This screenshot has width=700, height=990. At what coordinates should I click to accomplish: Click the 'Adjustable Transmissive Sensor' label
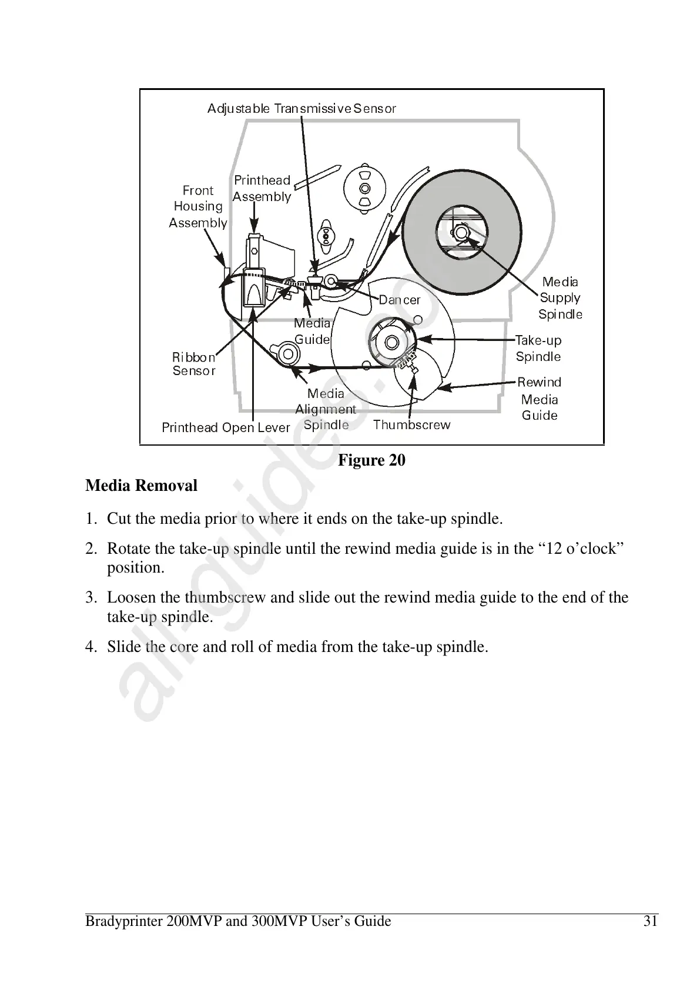pyautogui.click(x=302, y=109)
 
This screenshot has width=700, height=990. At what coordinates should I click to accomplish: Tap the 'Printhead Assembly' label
pyautogui.click(x=262, y=188)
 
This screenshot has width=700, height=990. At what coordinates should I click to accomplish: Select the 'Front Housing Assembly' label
pyautogui.click(x=198, y=206)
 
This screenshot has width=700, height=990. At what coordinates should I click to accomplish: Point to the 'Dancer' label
pyautogui.click(x=400, y=300)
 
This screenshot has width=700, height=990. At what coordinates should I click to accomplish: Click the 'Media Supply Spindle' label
pyautogui.click(x=560, y=298)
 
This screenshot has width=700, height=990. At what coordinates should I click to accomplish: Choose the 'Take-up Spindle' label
pyautogui.click(x=538, y=348)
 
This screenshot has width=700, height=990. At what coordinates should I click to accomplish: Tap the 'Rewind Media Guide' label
pyautogui.click(x=540, y=399)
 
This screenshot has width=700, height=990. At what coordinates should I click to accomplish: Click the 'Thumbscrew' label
pyautogui.click(x=411, y=424)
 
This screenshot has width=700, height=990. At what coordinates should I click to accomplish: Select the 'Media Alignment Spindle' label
pyautogui.click(x=326, y=409)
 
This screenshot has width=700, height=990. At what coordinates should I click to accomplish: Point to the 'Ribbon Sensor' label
pyautogui.click(x=194, y=364)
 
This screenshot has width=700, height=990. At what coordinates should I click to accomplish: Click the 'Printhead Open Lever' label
pyautogui.click(x=226, y=427)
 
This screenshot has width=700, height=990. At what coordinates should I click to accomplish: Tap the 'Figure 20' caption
pyautogui.click(x=371, y=460)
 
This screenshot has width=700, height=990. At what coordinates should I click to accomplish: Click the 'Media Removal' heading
pyautogui.click(x=141, y=486)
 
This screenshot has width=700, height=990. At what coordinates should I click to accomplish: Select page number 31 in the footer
pyautogui.click(x=650, y=921)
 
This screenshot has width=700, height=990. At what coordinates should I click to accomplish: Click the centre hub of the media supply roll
pyautogui.click(x=461, y=233)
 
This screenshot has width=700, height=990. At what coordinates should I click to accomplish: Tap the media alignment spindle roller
pyautogui.click(x=287, y=353)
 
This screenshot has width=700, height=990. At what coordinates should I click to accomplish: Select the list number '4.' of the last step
pyautogui.click(x=91, y=647)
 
